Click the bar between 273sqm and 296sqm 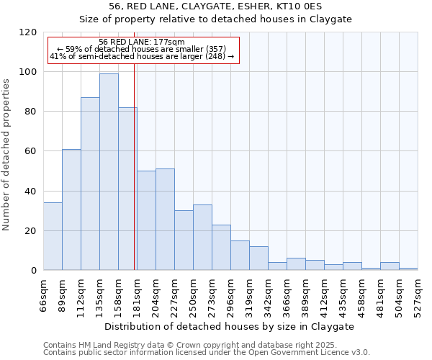[x=221, y=248]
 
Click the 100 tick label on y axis [x=28, y=72]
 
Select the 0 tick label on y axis [x=34, y=271]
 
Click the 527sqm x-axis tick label [x=418, y=295]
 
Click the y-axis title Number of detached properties [x=6, y=155]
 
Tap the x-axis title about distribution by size [x=230, y=326]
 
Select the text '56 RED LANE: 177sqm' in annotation [x=142, y=42]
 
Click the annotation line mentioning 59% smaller [x=142, y=49]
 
